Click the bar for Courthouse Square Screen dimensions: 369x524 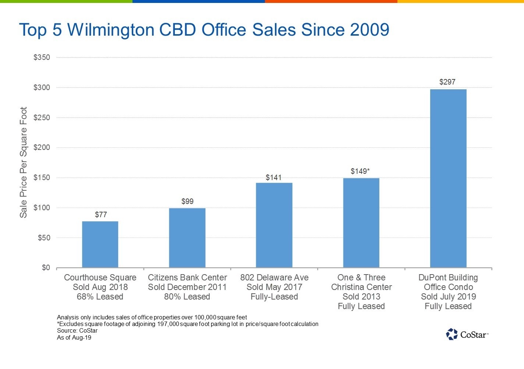(100, 244)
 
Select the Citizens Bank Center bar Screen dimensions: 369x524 (187, 238)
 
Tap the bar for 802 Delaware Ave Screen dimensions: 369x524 (274, 225)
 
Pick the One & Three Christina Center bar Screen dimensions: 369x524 (361, 223)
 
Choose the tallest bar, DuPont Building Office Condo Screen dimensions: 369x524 (448, 178)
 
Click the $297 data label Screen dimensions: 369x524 (447, 82)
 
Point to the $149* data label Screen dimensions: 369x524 (360, 171)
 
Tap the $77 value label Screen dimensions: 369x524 (101, 215)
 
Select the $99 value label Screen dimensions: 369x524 (187, 201)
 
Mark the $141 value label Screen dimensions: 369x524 (274, 178)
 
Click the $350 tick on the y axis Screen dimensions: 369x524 (42, 57)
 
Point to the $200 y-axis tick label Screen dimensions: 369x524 (42, 148)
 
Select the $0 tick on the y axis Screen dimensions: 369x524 (46, 268)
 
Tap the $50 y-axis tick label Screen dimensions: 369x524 (44, 238)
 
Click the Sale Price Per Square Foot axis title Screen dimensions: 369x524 (24, 162)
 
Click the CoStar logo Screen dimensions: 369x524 (467, 334)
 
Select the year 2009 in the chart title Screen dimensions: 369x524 (369, 29)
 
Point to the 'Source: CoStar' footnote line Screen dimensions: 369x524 (77, 331)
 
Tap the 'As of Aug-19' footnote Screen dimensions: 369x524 (74, 337)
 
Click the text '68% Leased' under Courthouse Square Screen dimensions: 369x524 (100, 297)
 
